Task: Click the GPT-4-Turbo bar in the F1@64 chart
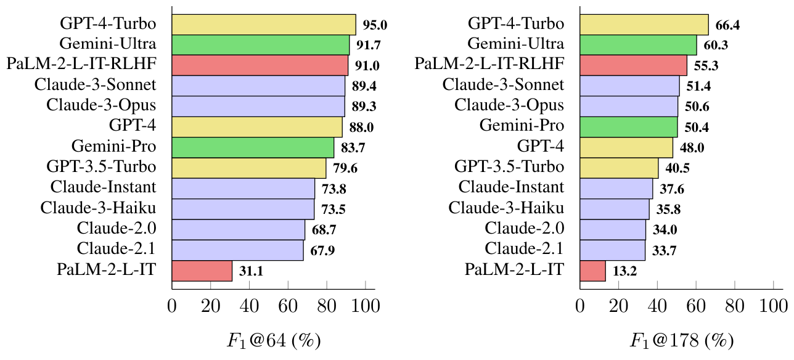pos(263,25)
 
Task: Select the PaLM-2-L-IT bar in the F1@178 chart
pos(592,271)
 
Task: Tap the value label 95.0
pos(374,25)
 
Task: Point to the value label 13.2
pos(625,272)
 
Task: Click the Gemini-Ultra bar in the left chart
pos(260,45)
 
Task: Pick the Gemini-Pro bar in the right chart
pos(629,127)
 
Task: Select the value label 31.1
pos(252,272)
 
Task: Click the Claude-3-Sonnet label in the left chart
pos(96,85)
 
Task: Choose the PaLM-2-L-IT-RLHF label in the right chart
pos(489,64)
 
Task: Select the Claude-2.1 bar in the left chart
pos(237,250)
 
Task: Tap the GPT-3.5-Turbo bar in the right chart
pos(619,168)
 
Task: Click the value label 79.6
pos(345,169)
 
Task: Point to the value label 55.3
pos(706,66)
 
